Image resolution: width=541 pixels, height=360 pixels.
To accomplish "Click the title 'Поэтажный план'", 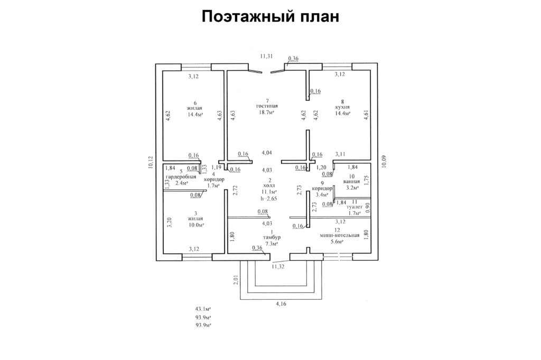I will pos(270,17).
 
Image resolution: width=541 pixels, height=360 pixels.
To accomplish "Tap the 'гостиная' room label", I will pos(267,107).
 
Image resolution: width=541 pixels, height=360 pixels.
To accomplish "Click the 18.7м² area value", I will pos(267,113).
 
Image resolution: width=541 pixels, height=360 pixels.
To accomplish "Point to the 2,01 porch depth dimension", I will pos(236,281).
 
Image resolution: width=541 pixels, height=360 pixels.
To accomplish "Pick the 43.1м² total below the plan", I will pos(203,308).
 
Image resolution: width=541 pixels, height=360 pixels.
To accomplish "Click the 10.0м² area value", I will pos(195,225).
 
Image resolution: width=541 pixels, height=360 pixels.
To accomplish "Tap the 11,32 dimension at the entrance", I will pos(278,267).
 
